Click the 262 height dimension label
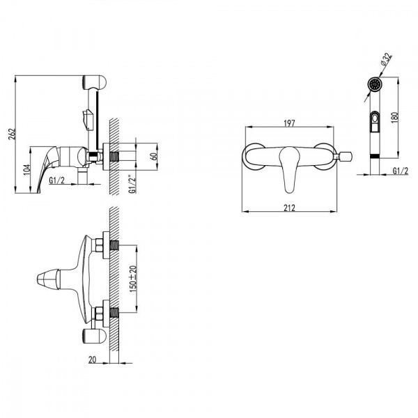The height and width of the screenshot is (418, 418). point(13,134)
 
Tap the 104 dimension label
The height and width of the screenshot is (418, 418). point(27,169)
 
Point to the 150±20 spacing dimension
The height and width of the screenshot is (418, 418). point(133,279)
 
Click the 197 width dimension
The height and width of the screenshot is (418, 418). point(289,123)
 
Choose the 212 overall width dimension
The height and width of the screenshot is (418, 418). point(289,208)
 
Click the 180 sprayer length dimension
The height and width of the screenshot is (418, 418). point(395,117)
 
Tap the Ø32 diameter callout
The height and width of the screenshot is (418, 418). point(386,59)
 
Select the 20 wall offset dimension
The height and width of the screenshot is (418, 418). point(92,359)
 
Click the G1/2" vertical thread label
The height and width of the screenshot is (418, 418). point(132,184)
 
